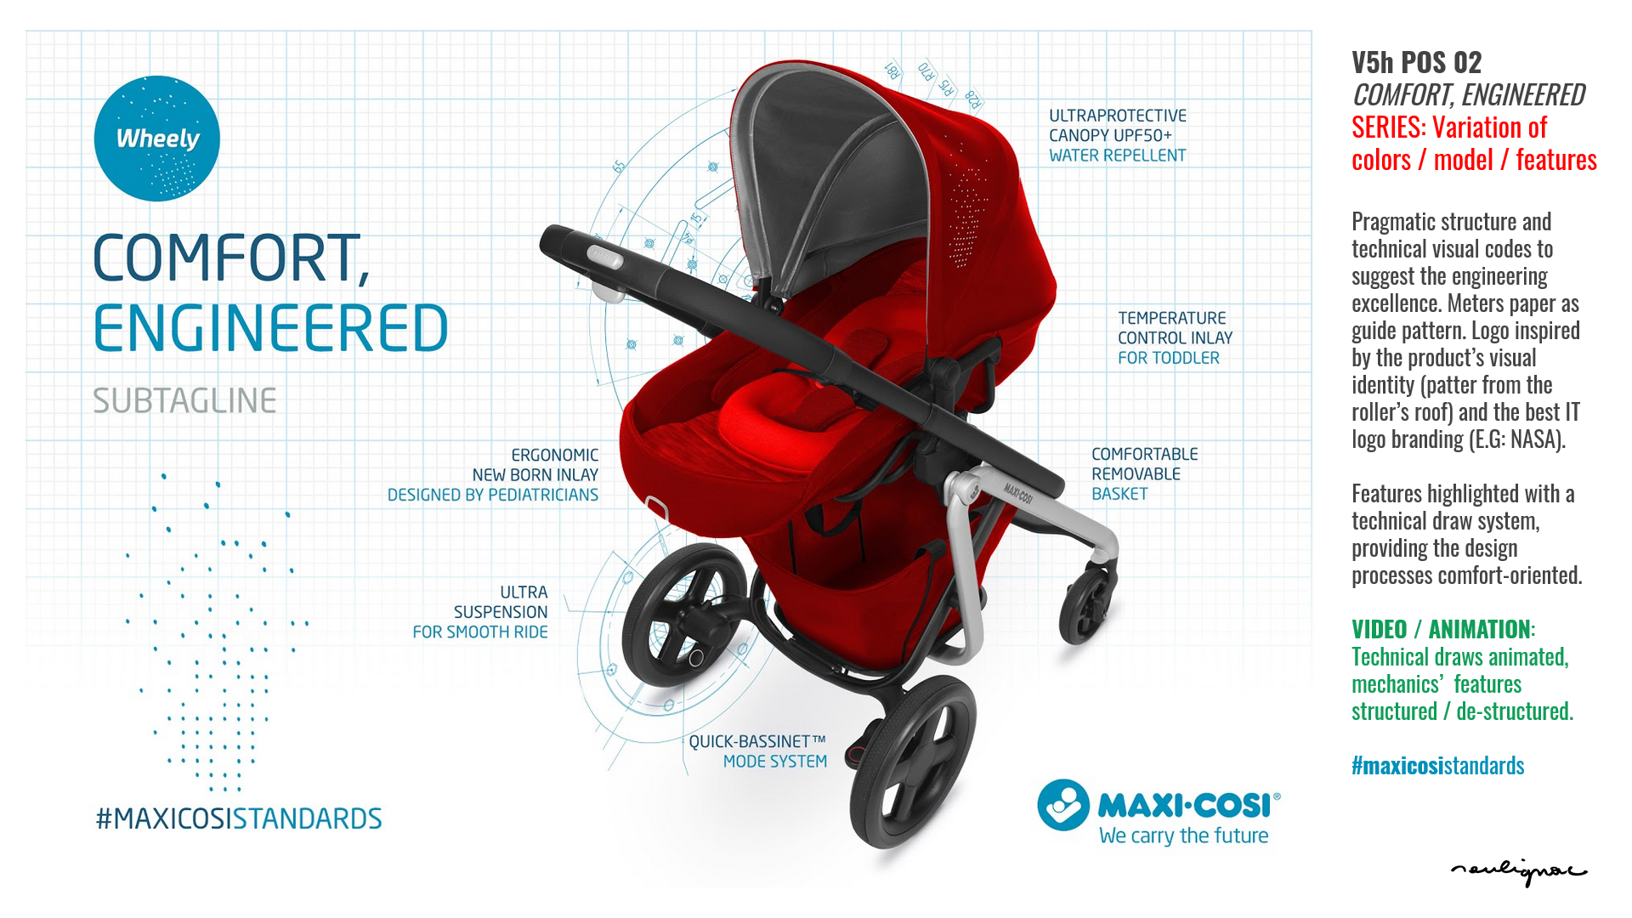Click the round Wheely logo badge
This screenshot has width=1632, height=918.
coord(157,139)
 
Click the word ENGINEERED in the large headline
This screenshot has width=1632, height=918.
coord(270,329)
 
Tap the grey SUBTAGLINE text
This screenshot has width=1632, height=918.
coord(184,400)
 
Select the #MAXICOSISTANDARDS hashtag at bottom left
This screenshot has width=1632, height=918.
coord(239,819)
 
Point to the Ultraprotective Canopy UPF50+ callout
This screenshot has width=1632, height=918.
coord(1117,135)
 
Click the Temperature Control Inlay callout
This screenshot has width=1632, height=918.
coord(1175,337)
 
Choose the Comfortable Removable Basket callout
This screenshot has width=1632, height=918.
coord(1144,473)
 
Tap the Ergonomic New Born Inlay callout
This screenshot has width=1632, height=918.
coord(493,474)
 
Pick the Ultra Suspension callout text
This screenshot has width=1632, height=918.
coord(480,612)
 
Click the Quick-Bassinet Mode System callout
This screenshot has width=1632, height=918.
coord(757,751)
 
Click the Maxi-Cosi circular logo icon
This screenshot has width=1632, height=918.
coord(1062,805)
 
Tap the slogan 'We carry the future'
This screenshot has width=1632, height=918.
coord(1183,836)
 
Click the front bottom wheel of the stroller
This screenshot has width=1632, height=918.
coord(912,762)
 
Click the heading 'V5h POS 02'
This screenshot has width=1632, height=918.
coord(1416,62)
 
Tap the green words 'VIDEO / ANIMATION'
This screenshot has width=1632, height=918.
coord(1441,629)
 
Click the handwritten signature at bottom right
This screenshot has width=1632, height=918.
coord(1518,870)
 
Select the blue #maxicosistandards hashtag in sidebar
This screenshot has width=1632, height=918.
coord(1437,765)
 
